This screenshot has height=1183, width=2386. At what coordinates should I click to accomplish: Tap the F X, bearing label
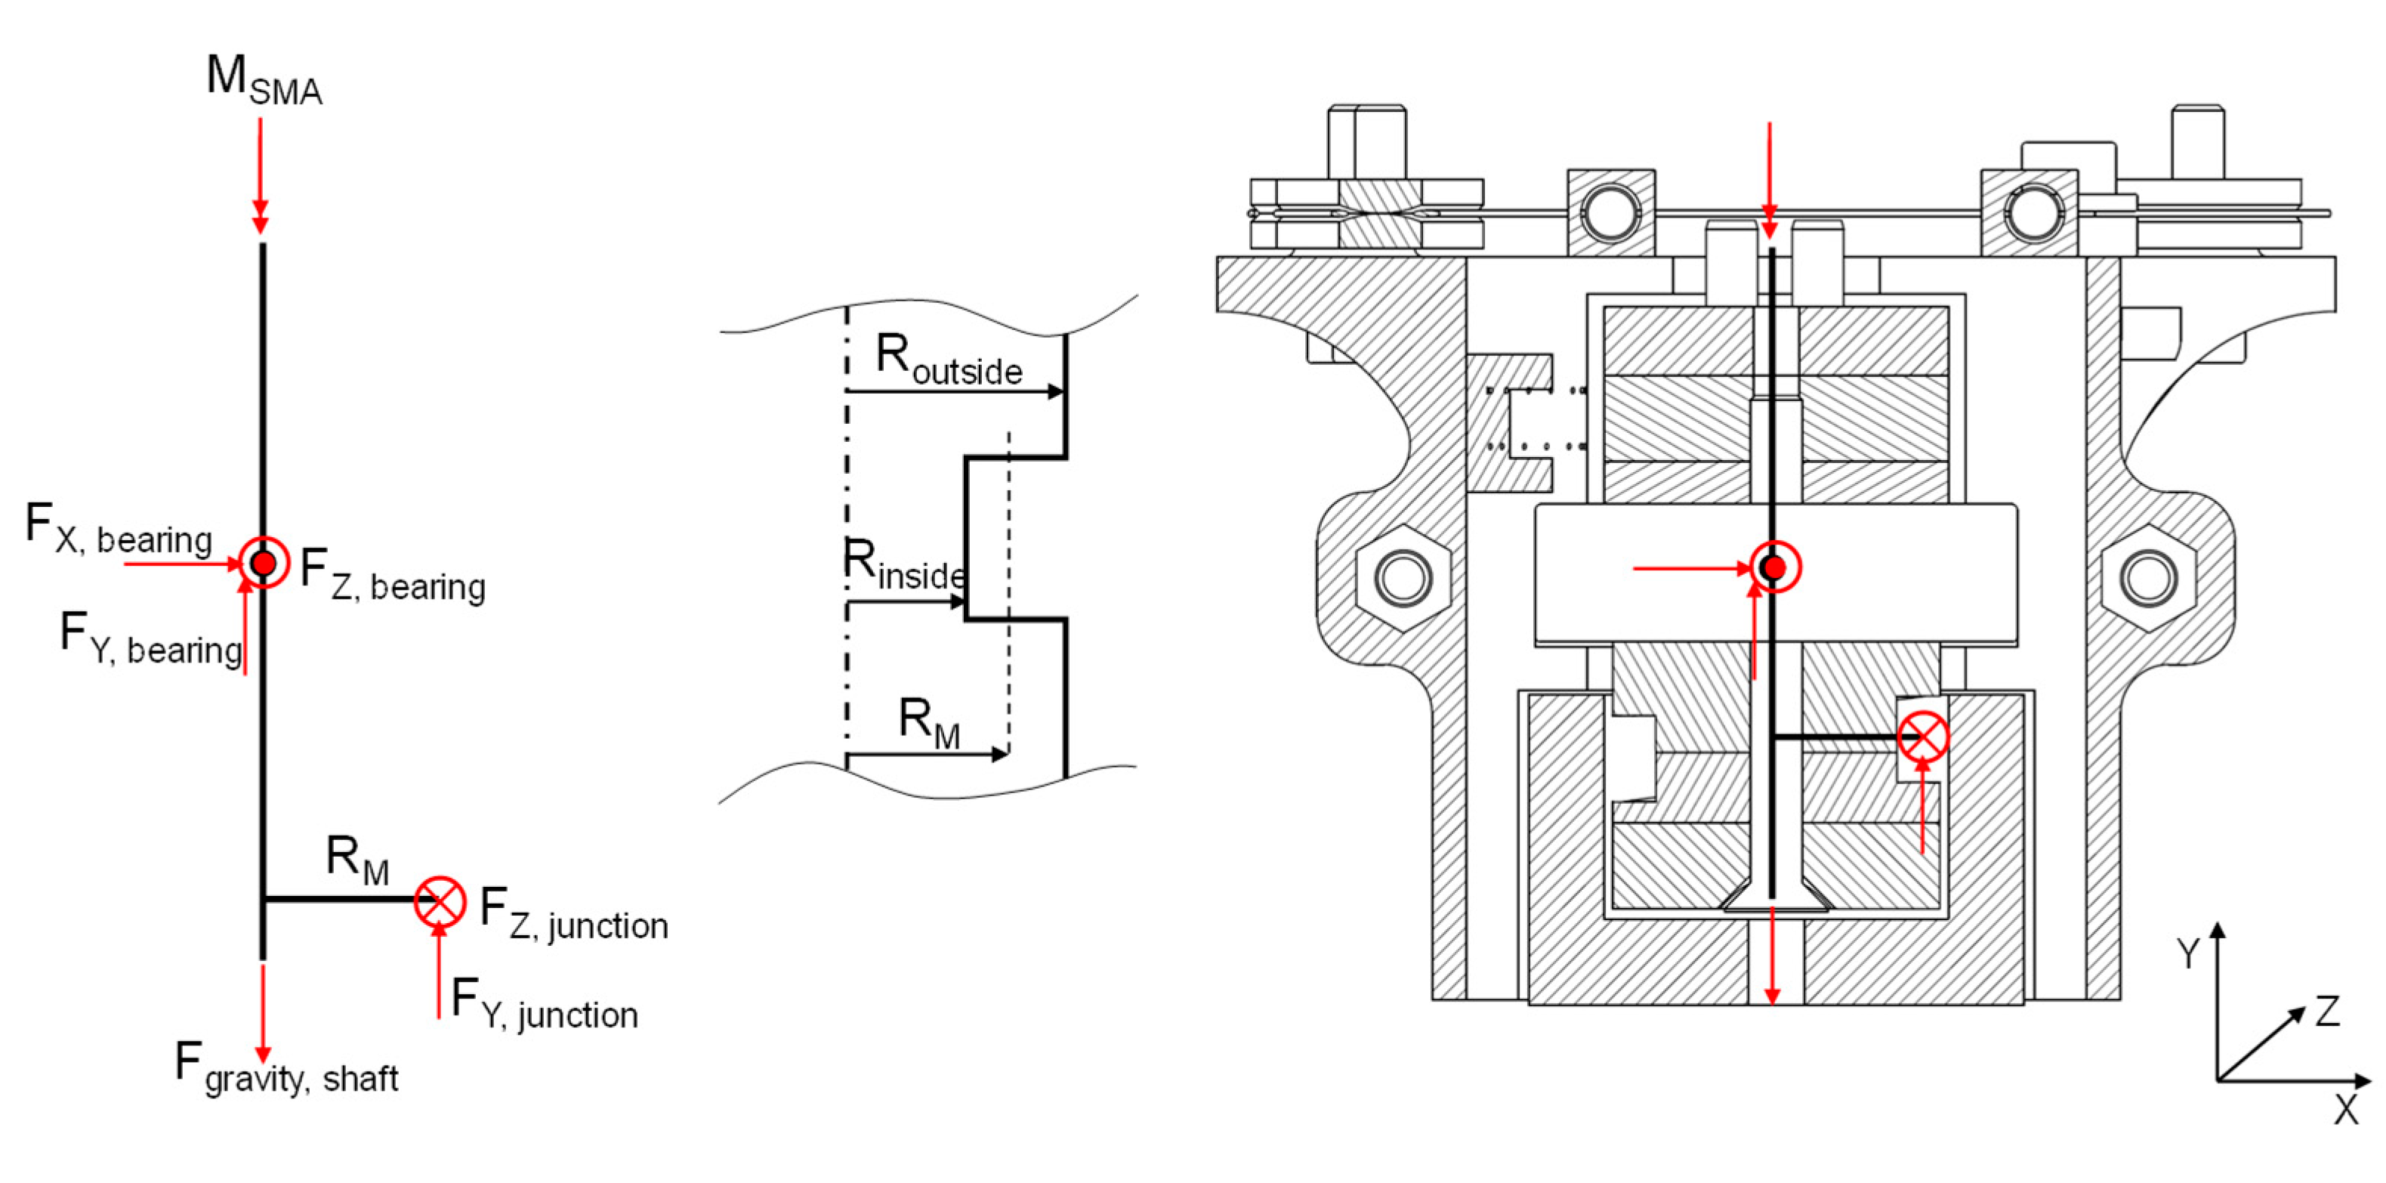click(119, 529)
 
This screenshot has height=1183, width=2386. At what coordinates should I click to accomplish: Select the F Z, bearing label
click(393, 576)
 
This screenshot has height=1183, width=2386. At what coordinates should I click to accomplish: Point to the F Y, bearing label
click(150, 639)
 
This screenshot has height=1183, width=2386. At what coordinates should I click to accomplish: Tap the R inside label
click(904, 565)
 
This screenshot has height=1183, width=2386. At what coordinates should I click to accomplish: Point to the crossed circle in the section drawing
click(1923, 737)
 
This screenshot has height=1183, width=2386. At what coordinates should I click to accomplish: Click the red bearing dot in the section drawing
click(1773, 567)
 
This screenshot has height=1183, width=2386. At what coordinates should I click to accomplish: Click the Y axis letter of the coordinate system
click(2189, 953)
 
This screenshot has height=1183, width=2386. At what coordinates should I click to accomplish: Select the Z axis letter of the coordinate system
click(2328, 1012)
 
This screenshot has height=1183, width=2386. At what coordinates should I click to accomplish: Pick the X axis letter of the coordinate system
click(2345, 1110)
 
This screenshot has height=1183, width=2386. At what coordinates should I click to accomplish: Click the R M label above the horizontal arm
click(357, 859)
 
